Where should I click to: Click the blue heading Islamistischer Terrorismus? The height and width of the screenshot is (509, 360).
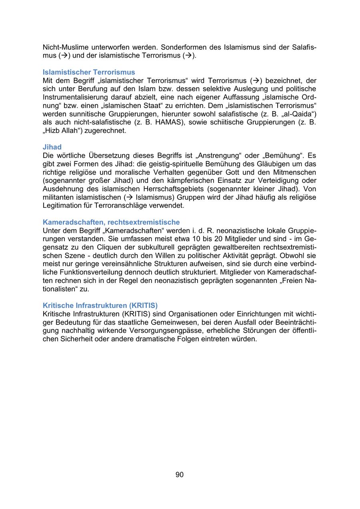[89, 72]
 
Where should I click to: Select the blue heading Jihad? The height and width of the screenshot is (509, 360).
[52, 147]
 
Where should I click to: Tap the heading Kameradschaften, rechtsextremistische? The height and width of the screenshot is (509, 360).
[111, 222]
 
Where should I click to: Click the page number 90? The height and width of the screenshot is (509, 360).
[180, 475]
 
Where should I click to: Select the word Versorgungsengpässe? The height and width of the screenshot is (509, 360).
[161, 331]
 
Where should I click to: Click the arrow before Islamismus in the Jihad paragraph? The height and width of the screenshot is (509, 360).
[129, 197]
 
